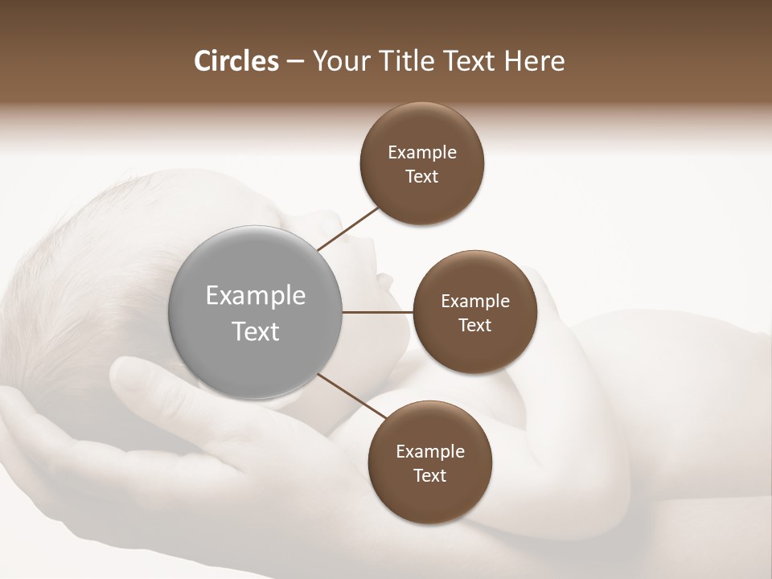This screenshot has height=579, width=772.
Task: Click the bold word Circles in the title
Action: pos(236,61)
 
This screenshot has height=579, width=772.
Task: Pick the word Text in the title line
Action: pos(474,61)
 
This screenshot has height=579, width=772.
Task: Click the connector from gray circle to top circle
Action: pos(349,228)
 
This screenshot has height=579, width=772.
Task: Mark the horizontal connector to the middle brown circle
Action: pos(377,312)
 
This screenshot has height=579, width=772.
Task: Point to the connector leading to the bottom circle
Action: pos(351,395)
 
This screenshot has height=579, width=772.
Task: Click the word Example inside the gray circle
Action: pos(256,296)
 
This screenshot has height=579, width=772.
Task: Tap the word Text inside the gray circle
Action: pos(256,331)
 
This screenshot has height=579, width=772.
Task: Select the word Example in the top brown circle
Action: pos(422,153)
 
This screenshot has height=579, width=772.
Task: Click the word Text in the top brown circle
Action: pos(422,177)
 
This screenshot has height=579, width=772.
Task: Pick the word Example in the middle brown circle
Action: pos(474,302)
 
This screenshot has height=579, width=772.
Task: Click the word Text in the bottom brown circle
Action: pos(430,476)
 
